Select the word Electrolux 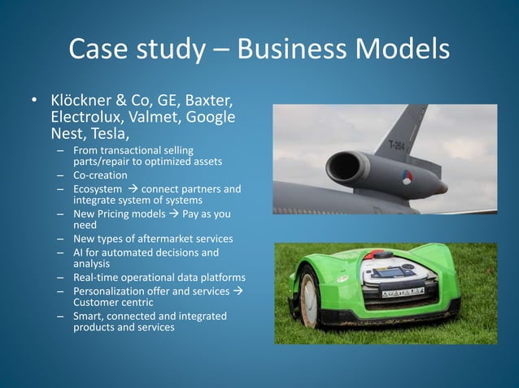click(x=85, y=117)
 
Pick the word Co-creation click(x=100, y=175)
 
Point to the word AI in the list click(x=79, y=253)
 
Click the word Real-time click(x=97, y=278)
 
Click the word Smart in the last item click(x=89, y=316)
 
